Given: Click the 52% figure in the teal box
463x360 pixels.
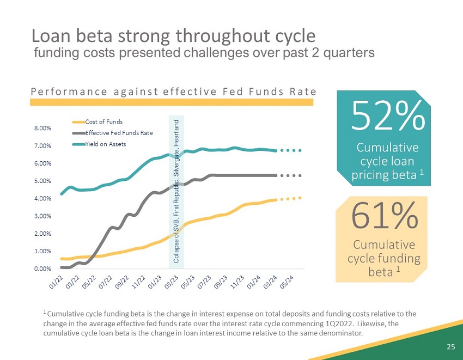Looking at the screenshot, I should (x=387, y=116).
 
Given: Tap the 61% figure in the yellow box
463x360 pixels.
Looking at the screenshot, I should (x=385, y=216).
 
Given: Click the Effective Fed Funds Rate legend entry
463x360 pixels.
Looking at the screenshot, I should (x=119, y=133).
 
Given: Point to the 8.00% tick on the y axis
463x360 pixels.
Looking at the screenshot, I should (x=42, y=129).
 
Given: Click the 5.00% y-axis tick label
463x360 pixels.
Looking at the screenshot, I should (x=42, y=181).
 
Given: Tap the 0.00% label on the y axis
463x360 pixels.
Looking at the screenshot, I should (x=42, y=269).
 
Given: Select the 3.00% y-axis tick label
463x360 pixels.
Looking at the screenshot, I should (x=42, y=216).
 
